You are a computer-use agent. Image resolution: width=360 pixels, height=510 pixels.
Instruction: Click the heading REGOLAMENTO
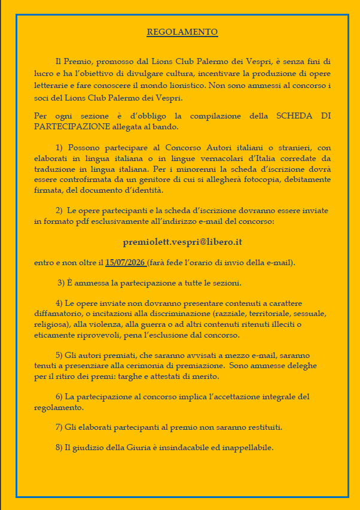coord(182,32)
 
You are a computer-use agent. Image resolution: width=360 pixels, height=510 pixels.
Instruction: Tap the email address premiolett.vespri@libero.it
coord(182,242)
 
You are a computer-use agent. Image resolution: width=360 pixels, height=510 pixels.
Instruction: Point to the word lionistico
coord(182,86)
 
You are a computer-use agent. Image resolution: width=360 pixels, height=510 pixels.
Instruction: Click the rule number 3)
coord(62,283)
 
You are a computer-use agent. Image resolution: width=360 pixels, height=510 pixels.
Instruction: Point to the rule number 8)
coord(59,447)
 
